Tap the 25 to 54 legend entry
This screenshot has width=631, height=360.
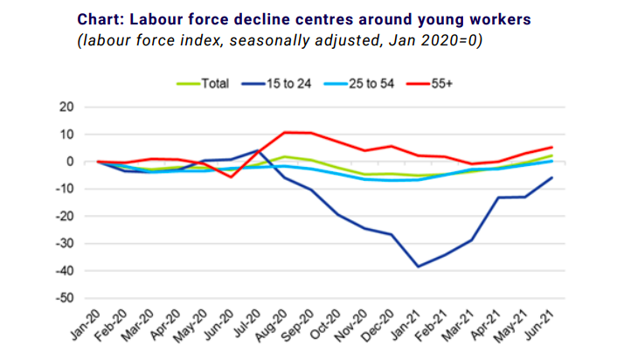[x=377, y=84]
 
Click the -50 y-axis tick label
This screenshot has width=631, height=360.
[x=65, y=299]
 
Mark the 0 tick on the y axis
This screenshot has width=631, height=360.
[x=71, y=162]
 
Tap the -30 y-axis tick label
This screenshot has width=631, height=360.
[x=65, y=244]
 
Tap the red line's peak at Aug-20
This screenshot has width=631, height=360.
[x=285, y=133]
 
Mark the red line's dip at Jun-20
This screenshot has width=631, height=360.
[x=232, y=177]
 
